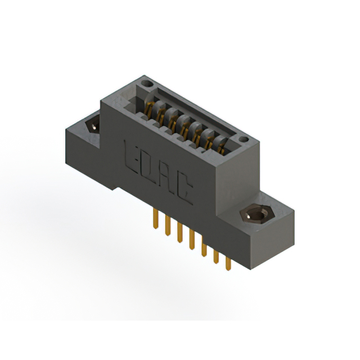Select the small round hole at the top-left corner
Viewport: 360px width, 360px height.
pos(147,84)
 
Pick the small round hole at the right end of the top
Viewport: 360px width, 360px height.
pos(242,138)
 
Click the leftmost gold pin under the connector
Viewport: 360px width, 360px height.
pos(154,220)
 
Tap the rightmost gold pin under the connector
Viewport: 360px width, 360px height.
pos(228,264)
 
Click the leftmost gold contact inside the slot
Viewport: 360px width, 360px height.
pos(149,107)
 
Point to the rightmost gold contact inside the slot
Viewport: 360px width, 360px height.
pos(220,147)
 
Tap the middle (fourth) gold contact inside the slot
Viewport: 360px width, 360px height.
pos(184,126)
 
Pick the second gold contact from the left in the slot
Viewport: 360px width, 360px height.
pos(160,113)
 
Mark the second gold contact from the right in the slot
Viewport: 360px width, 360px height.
pos(209,141)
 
